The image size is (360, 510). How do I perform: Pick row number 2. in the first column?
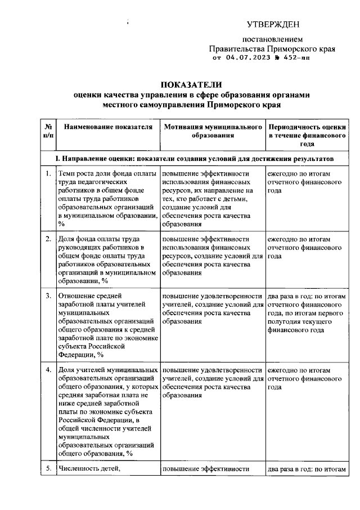tap(48, 239)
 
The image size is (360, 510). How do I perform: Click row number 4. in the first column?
tap(48, 370)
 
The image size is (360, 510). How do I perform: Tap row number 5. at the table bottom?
tap(48, 468)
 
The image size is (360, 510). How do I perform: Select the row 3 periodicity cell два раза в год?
tap(307, 313)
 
